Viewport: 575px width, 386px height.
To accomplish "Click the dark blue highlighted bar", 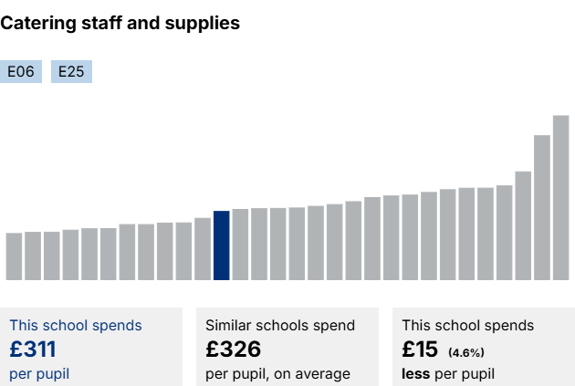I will point(221,245).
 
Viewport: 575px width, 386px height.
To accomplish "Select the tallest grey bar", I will point(560,197).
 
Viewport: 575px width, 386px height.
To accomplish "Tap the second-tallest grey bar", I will point(542,207).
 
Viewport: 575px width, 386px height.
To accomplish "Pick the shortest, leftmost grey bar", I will point(14,256).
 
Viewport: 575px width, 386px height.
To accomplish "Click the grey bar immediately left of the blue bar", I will point(203,248).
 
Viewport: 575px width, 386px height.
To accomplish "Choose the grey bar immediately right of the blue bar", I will point(240,245).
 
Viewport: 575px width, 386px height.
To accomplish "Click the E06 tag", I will point(21,71).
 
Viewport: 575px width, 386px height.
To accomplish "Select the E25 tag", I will point(71,71).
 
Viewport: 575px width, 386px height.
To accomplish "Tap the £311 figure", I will point(33,349).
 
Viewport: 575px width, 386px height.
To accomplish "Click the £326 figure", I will point(233,349).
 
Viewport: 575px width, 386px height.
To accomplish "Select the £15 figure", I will point(420,349).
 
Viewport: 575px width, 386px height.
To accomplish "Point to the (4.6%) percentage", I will point(465,352).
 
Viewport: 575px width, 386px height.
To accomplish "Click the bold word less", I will point(416,373).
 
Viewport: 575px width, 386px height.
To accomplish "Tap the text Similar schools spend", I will point(280,325).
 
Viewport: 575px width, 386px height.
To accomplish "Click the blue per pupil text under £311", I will point(39,373).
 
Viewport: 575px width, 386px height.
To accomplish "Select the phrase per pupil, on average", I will point(277,373).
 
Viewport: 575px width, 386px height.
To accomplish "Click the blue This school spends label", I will point(76,325).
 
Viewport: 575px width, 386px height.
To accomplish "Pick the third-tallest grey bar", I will point(523,225).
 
